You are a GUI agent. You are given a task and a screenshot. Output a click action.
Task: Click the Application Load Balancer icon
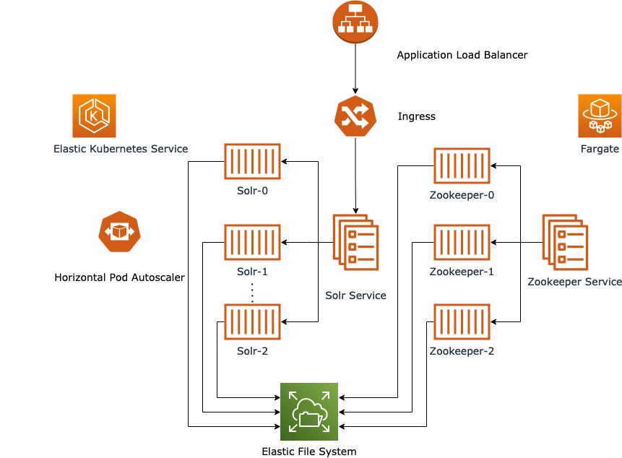355,21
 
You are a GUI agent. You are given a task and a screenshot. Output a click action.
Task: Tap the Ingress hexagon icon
355,116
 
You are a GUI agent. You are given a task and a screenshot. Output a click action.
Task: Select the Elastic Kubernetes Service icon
94,116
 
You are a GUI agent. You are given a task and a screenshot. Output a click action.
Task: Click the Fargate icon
599,116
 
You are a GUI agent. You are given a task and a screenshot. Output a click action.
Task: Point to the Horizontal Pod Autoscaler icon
119,231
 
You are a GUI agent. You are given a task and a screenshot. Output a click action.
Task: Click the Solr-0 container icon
252,161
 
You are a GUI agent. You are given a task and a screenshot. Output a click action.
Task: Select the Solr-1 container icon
252,242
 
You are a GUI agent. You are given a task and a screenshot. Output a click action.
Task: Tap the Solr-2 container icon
252,321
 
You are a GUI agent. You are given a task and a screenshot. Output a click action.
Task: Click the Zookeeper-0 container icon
462,165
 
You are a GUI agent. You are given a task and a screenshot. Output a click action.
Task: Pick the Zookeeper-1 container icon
462,242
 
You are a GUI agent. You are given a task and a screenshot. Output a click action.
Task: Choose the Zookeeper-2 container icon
462,321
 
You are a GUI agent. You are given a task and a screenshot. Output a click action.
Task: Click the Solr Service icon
355,243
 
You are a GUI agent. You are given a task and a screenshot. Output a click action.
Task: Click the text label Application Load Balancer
462,55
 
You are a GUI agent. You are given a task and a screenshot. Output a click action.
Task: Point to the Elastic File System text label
308,451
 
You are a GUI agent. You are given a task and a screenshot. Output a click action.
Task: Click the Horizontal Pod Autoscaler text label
119,277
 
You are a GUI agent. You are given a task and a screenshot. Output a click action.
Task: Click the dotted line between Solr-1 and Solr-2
252,293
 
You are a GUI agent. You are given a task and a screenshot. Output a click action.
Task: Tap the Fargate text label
599,149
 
